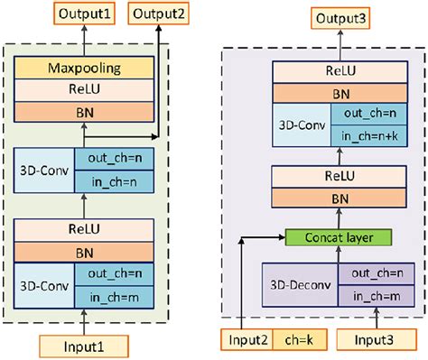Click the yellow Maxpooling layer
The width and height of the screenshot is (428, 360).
84,69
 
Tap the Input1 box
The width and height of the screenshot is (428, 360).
84,344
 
